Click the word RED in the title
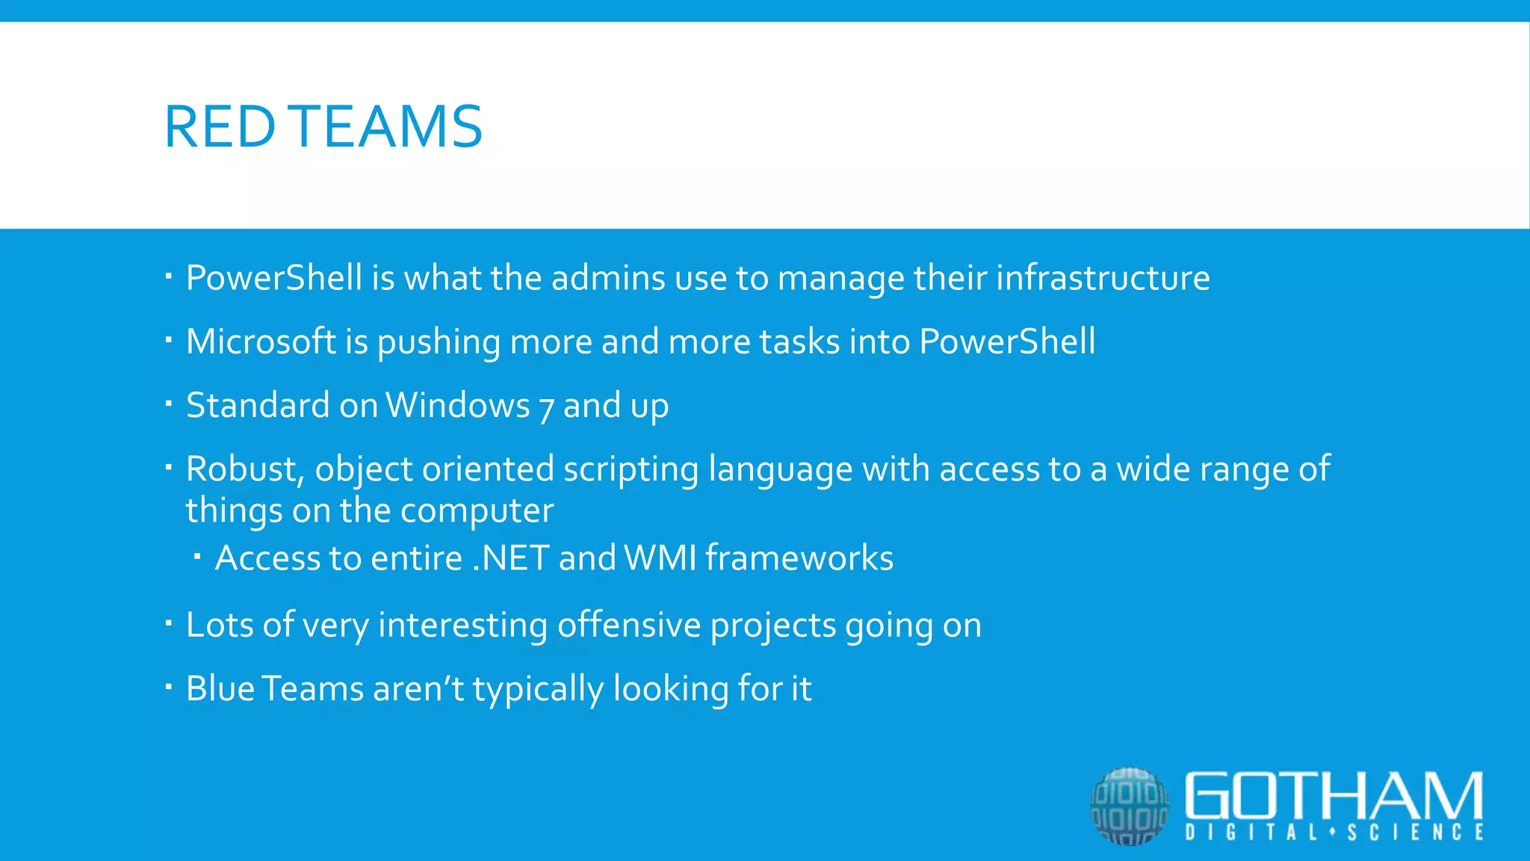tap(220, 126)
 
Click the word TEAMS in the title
tap(388, 126)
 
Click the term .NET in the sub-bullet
tap(511, 558)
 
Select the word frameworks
tap(799, 558)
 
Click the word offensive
tap(629, 625)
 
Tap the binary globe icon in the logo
tap(1129, 806)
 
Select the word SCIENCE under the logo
tap(1416, 833)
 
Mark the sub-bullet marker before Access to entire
tap(197, 557)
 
